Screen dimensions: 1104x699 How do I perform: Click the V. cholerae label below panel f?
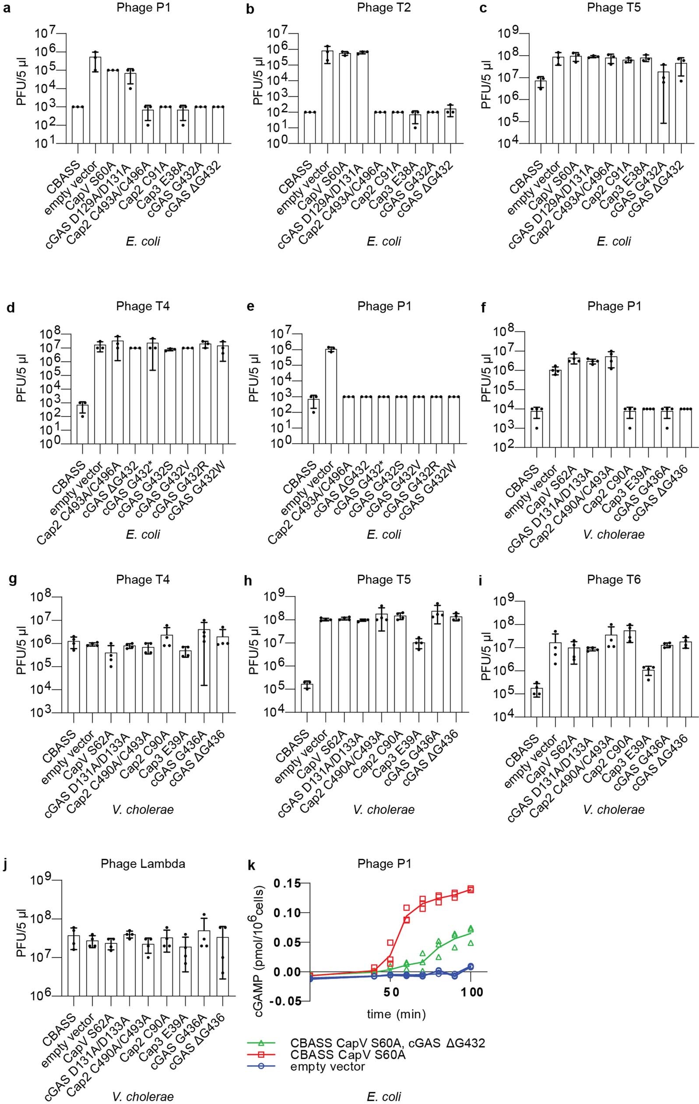pos(614,534)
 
